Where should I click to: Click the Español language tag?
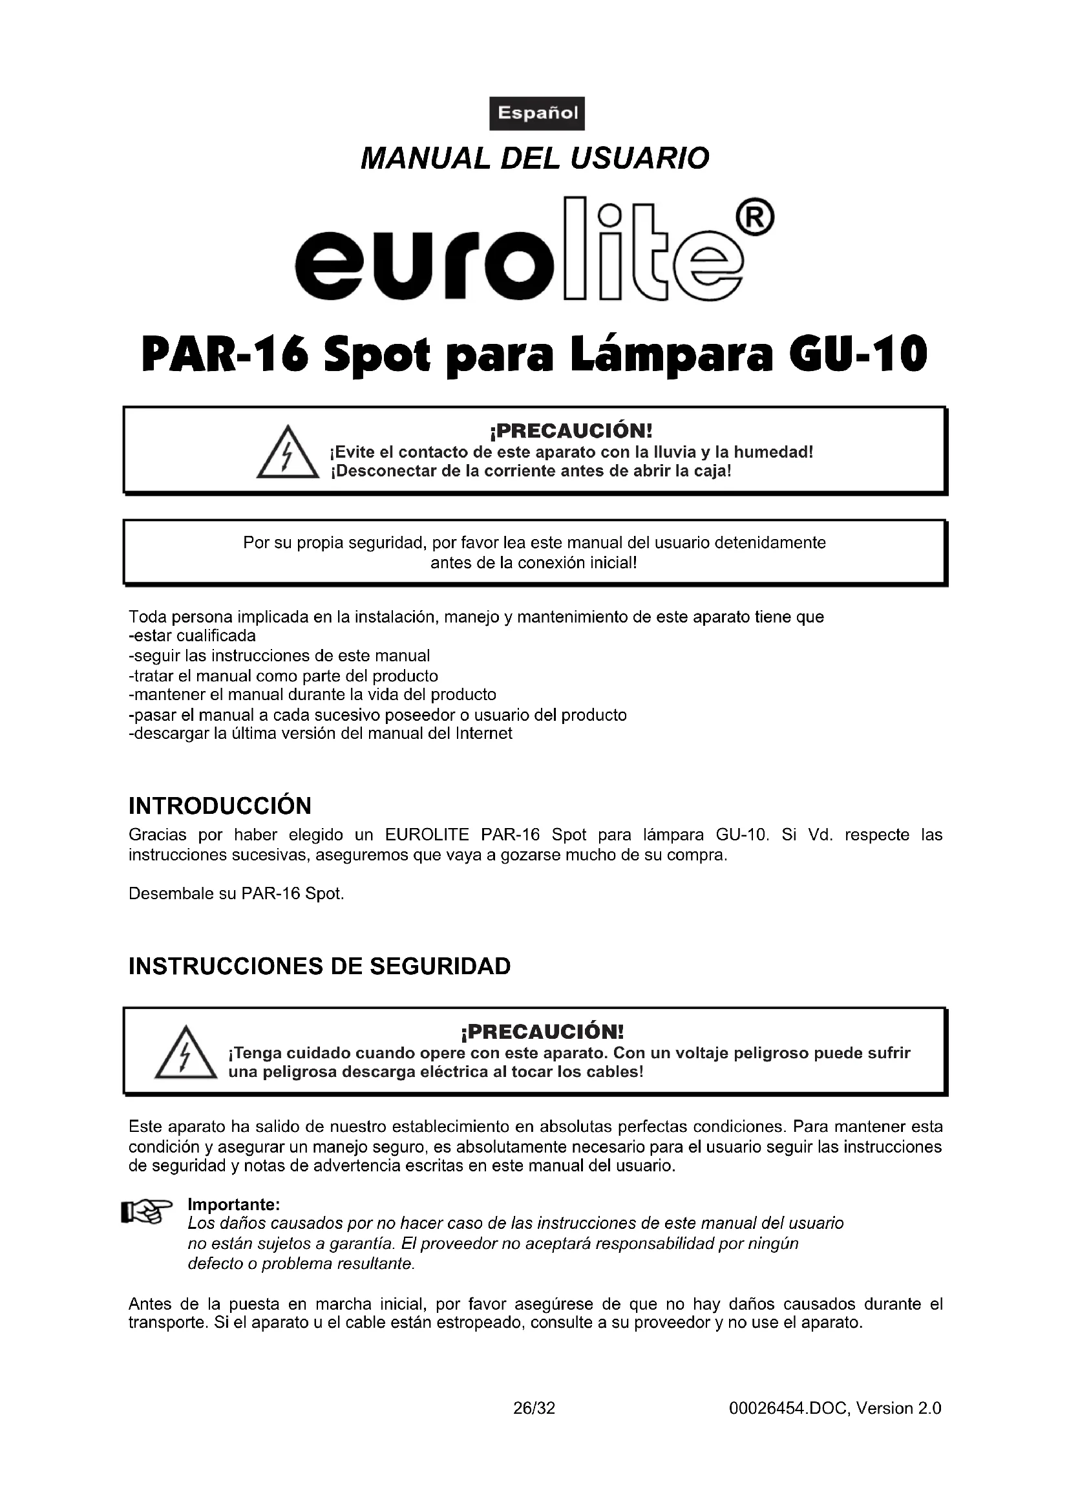click(536, 113)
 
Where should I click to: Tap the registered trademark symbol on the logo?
click(757, 218)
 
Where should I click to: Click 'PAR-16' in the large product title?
click(224, 354)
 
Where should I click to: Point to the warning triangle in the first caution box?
click(287, 453)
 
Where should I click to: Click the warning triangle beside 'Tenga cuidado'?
click(185, 1053)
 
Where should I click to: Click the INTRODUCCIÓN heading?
click(220, 806)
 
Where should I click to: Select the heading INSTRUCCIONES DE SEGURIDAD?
click(319, 966)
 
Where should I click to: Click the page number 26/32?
click(534, 1408)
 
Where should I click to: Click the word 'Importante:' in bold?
click(234, 1204)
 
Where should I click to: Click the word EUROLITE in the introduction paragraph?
click(427, 835)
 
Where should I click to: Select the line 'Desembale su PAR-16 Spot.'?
click(237, 893)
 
